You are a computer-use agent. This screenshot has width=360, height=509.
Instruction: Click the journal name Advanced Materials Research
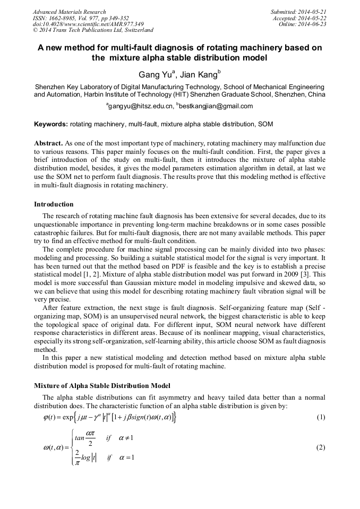click(69, 11)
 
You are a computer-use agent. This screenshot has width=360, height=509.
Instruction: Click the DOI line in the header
click(88, 24)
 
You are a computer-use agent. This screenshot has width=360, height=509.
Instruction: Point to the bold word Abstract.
click(48, 143)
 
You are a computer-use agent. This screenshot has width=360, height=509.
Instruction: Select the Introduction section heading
click(54, 204)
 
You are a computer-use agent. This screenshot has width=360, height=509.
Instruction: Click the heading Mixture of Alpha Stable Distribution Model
click(102, 385)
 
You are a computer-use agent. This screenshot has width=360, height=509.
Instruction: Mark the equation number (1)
click(321, 417)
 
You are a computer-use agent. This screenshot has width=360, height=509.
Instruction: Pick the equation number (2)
click(321, 447)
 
